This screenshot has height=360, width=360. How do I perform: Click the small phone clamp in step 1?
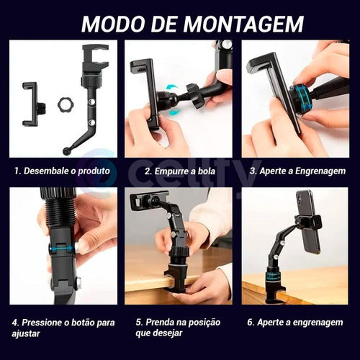pos(30,102)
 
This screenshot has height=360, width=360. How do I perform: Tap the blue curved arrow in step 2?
pos(171,93)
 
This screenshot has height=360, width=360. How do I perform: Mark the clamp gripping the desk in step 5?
pos(177,276)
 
